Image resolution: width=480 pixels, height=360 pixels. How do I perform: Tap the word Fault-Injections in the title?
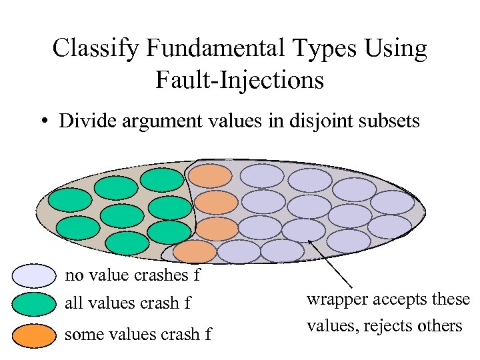point(239,80)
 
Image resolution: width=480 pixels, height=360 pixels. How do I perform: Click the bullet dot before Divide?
point(43,122)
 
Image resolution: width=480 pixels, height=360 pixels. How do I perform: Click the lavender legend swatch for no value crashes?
point(33,276)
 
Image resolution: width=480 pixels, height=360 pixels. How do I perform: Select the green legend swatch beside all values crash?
point(33,304)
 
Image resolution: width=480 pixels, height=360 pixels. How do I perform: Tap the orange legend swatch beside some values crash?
point(33,334)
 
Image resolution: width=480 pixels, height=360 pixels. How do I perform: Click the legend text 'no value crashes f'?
point(132,275)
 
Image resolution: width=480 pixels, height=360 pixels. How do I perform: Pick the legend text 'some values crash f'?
point(137,334)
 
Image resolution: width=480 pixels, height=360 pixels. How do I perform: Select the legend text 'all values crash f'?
point(127,304)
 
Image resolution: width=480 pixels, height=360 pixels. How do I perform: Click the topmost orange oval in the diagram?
point(211,175)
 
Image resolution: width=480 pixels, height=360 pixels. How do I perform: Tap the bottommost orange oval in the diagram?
point(195,252)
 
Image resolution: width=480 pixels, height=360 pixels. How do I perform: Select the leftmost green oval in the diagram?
point(70,199)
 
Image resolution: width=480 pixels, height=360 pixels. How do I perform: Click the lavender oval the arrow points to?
point(303,230)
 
